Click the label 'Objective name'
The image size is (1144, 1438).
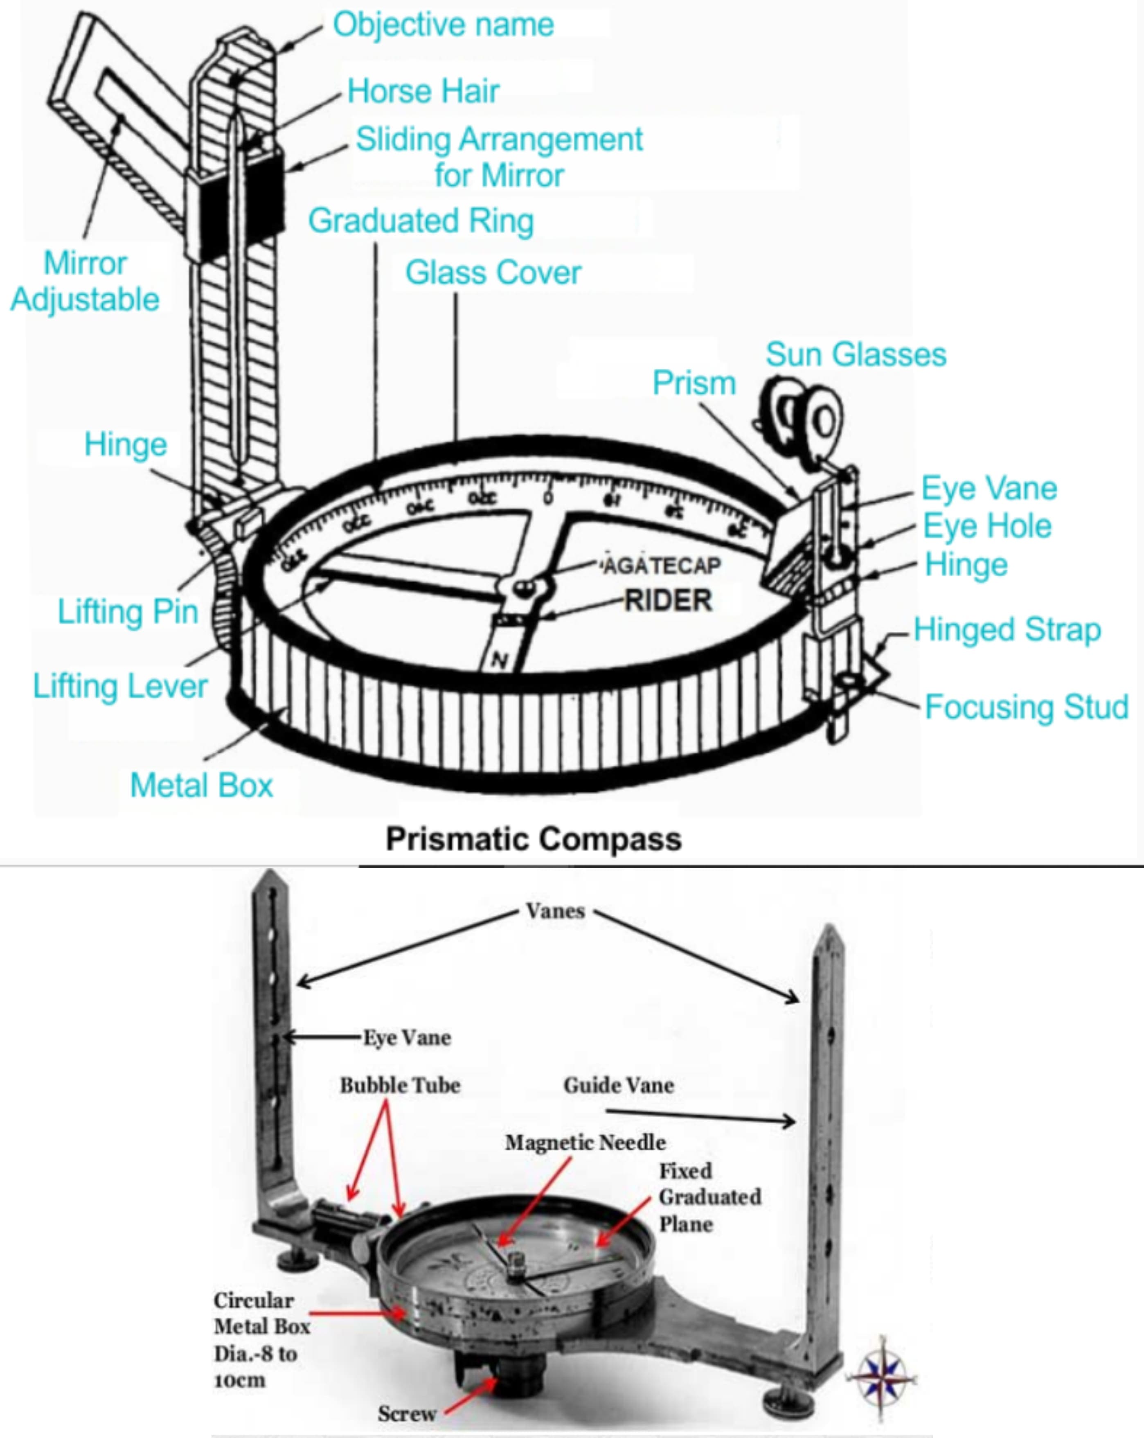[444, 25]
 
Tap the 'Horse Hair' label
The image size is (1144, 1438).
[423, 91]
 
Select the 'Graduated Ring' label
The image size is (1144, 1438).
[421, 221]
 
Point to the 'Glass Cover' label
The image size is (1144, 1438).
[493, 273]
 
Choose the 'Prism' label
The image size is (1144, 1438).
[694, 383]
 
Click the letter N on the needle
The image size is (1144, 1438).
[499, 660]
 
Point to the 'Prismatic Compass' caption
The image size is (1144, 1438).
[534, 839]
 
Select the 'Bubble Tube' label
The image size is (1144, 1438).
[400, 1085]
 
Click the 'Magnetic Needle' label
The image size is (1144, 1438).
[585, 1143]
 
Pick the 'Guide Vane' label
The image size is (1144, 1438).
[618, 1085]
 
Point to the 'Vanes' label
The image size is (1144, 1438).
[555, 911]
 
